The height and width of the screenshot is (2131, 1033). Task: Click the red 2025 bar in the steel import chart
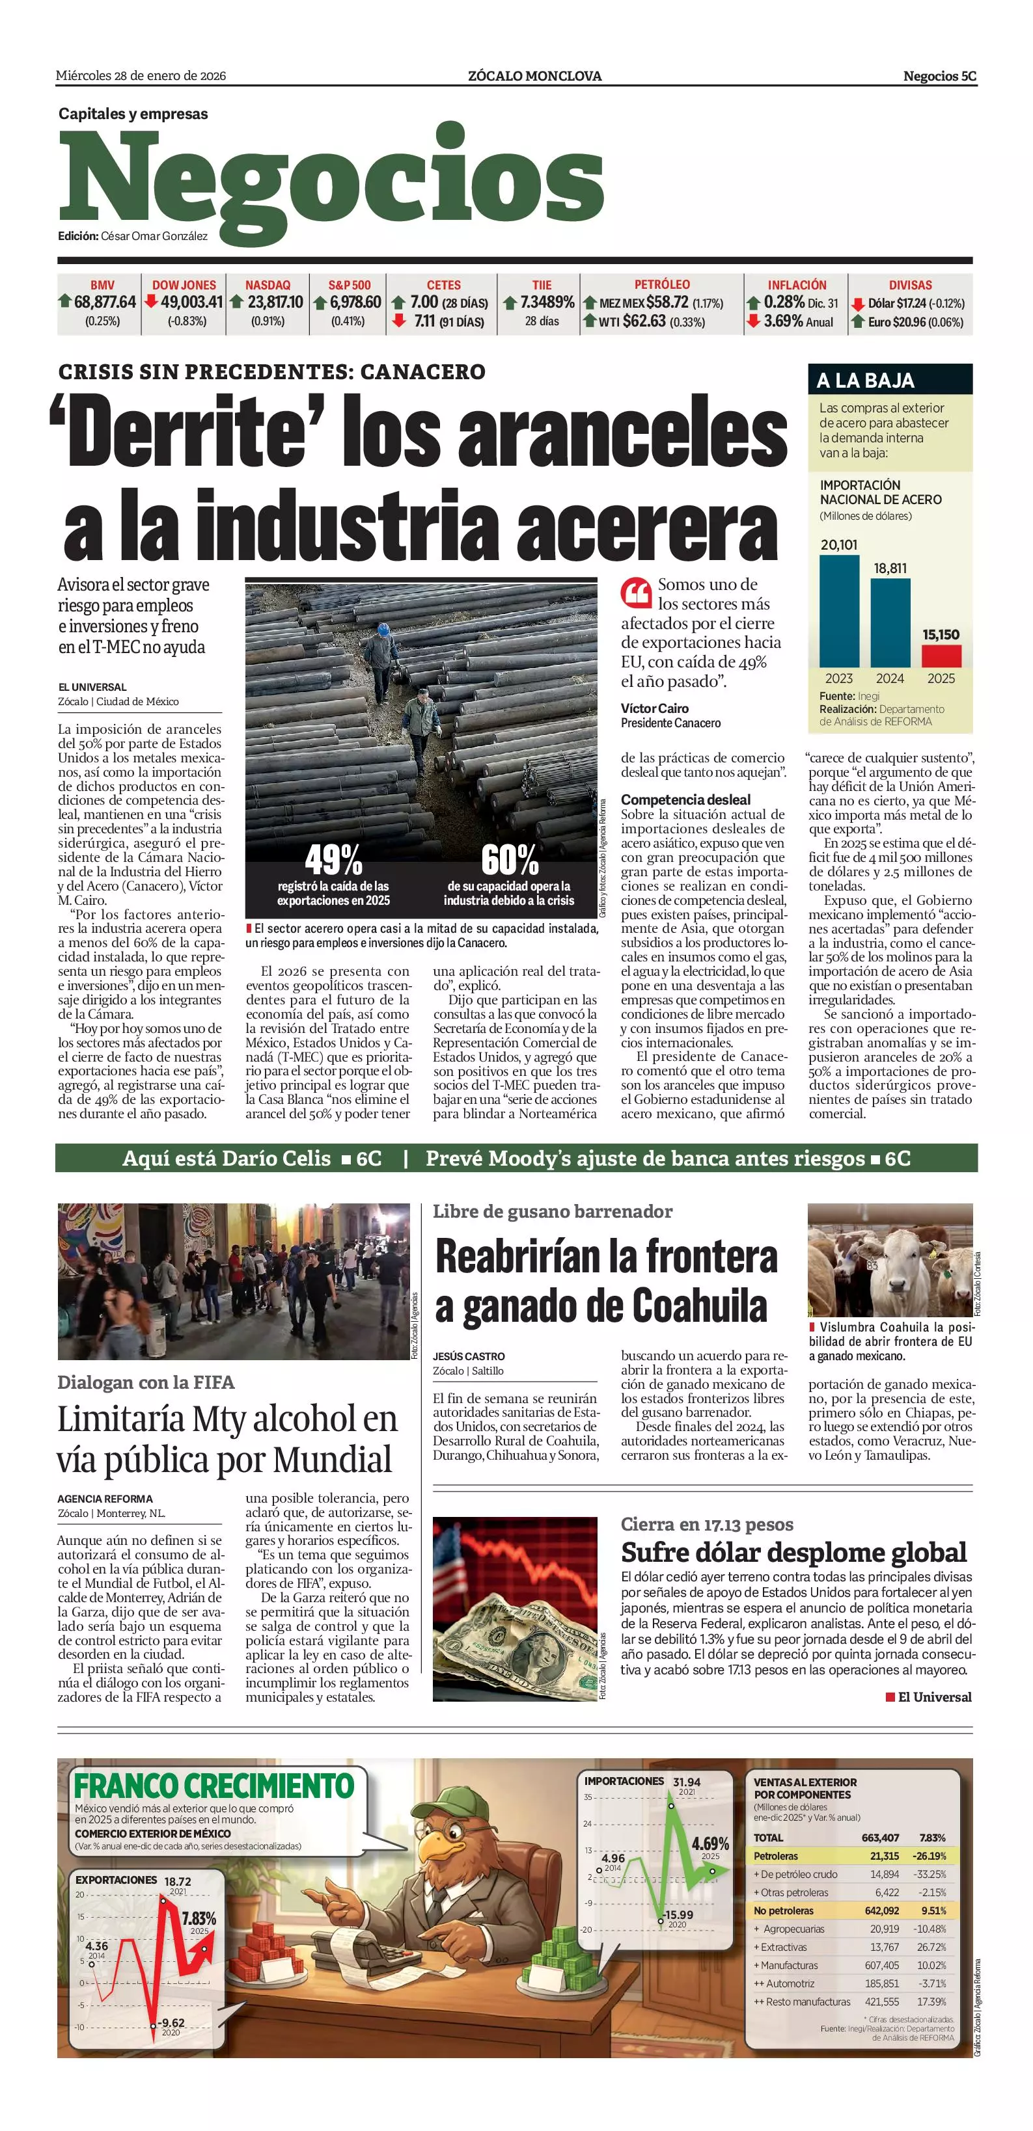(x=941, y=656)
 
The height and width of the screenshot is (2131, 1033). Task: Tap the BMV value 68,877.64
(x=104, y=302)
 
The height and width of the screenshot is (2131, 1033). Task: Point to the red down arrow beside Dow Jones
(x=150, y=301)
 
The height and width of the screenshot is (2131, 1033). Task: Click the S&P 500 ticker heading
(x=350, y=284)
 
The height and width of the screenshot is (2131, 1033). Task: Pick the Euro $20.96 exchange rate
(x=915, y=322)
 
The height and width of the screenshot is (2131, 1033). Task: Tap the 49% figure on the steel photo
(x=333, y=859)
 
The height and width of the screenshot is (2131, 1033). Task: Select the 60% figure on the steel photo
(x=509, y=859)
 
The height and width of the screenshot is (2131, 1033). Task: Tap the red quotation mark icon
(x=636, y=593)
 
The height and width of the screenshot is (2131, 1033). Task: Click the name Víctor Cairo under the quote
(x=654, y=708)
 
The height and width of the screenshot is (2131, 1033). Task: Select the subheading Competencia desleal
(x=685, y=799)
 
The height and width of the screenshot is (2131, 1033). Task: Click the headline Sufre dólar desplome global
(x=793, y=1552)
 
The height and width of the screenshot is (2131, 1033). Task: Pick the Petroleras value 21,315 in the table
(x=884, y=1856)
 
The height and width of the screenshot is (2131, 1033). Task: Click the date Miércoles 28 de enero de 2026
(x=141, y=76)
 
